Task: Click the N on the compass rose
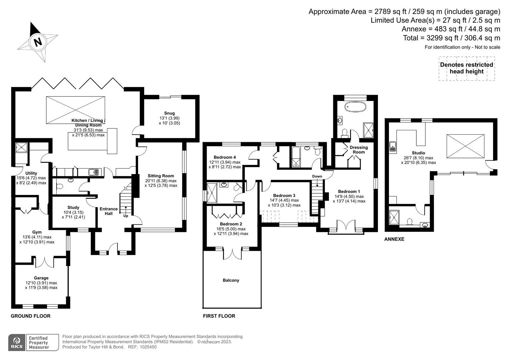38,42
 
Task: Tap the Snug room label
169,113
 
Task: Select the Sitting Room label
161,176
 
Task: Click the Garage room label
41,278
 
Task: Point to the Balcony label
231,280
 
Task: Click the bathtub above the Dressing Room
355,107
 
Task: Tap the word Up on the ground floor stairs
126,216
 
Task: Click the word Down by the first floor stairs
317,176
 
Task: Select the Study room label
73,208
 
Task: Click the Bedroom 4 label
225,157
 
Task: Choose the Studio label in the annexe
418,153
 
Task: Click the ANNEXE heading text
394,239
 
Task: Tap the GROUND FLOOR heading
31,316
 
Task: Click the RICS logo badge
16,342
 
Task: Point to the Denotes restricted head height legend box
466,68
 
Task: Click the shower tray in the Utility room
21,147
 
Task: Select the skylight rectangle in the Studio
465,146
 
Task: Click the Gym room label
37,232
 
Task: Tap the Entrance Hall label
109,211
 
